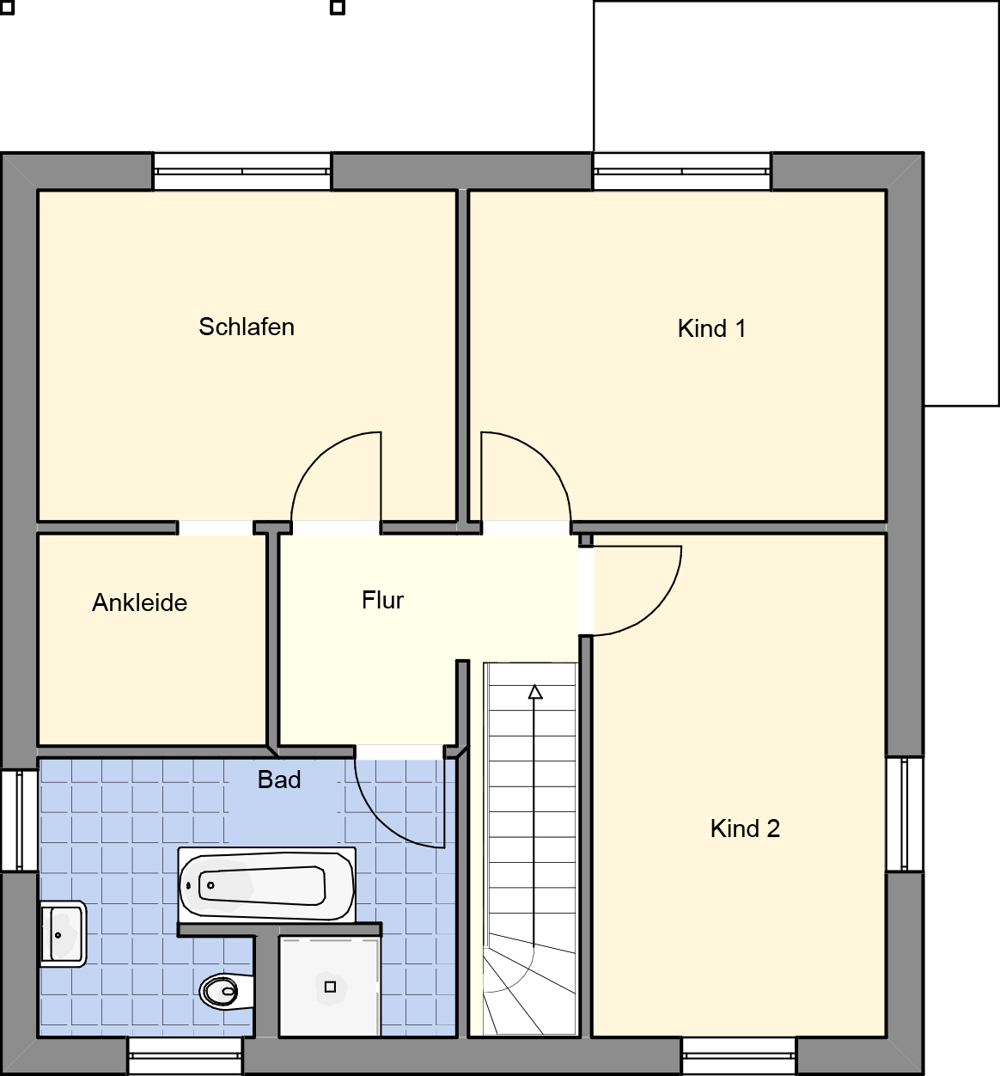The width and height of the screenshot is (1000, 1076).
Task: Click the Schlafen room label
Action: tap(247, 327)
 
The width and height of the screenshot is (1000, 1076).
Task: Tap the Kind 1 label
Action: tap(712, 329)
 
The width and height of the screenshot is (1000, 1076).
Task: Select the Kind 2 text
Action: tap(745, 828)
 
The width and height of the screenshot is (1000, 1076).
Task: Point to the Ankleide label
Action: tap(140, 602)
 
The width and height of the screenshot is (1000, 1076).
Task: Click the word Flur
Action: tap(382, 600)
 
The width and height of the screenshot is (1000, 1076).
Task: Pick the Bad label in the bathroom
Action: tap(279, 779)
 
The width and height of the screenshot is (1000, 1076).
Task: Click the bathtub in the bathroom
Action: tap(266, 886)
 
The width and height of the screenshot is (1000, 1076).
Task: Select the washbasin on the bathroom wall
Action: tap(63, 934)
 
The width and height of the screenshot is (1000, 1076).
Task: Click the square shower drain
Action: tap(330, 987)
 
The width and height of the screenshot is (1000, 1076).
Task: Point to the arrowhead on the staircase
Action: tap(535, 692)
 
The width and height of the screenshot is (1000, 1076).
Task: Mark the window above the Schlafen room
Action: tap(241, 171)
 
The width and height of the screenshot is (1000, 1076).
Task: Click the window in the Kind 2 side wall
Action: tap(905, 814)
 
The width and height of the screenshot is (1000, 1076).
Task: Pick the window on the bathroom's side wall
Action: tap(19, 820)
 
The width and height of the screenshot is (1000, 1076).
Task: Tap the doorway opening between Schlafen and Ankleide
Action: tap(216, 528)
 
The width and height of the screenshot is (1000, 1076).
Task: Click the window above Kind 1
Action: tap(681, 171)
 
